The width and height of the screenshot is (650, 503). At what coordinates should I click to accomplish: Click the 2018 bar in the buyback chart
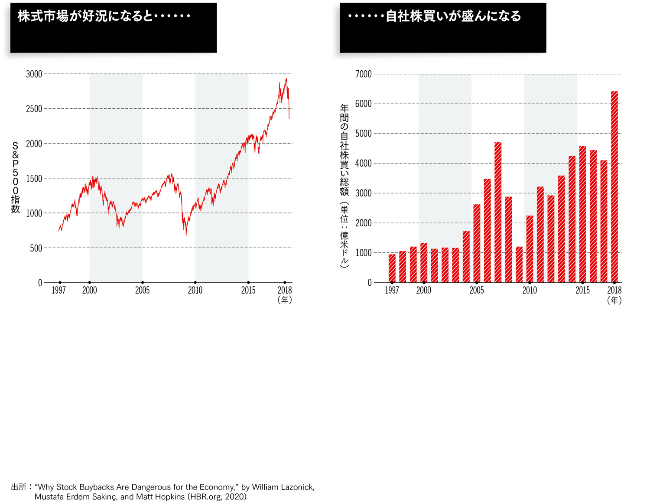(614, 186)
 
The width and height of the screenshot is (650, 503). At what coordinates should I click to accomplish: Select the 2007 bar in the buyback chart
(498, 212)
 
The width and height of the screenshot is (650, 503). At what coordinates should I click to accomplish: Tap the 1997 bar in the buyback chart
(392, 268)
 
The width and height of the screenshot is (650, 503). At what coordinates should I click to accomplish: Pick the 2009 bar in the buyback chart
(519, 265)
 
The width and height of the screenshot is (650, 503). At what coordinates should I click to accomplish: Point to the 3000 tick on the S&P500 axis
(34, 74)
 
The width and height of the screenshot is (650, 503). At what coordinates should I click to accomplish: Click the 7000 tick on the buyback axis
(363, 74)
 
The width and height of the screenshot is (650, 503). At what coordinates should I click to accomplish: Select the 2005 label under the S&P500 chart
(142, 291)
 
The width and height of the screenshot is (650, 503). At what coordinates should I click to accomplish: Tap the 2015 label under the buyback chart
(582, 291)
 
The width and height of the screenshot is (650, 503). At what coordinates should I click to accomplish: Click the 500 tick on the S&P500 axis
(36, 248)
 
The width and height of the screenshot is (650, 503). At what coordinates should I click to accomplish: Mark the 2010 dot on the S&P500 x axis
(195, 283)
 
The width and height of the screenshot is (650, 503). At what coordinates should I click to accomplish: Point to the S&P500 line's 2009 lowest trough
(186, 235)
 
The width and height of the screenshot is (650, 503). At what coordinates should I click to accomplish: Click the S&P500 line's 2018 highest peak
(286, 79)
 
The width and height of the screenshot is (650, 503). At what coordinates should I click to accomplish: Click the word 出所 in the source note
(19, 487)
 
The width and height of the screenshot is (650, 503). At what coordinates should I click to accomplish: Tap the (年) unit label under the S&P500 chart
(284, 300)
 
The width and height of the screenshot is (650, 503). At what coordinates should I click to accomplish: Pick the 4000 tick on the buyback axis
(363, 163)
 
